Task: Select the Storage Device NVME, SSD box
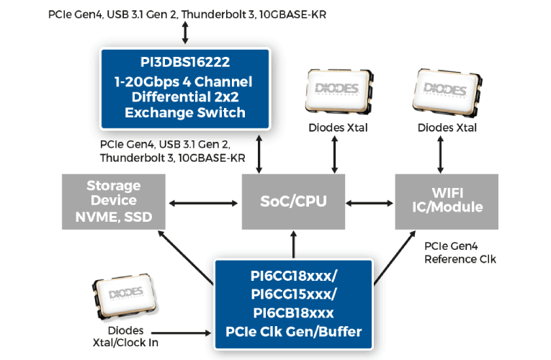[x=114, y=202]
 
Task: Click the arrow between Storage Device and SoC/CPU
[x=204, y=202]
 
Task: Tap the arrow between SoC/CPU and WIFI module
[x=369, y=202]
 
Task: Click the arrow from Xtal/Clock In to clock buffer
[x=189, y=333]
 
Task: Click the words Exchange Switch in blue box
[x=184, y=112]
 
